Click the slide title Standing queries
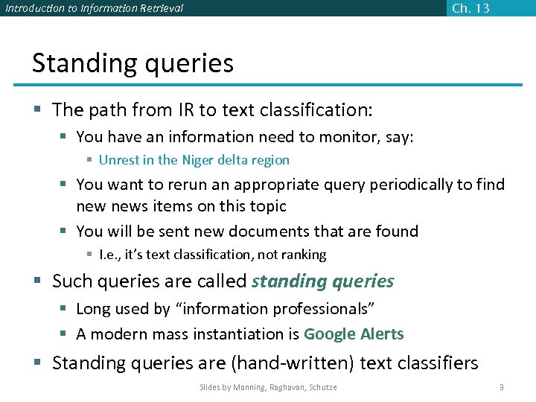tap(133, 63)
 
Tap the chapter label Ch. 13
tap(470, 8)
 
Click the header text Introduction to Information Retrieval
tap(95, 9)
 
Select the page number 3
tap(502, 387)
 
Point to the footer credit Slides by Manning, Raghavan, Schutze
tap(268, 387)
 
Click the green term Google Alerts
tap(354, 334)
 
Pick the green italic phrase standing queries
tap(323, 281)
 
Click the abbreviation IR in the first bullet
tap(186, 110)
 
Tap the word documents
tap(291, 232)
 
